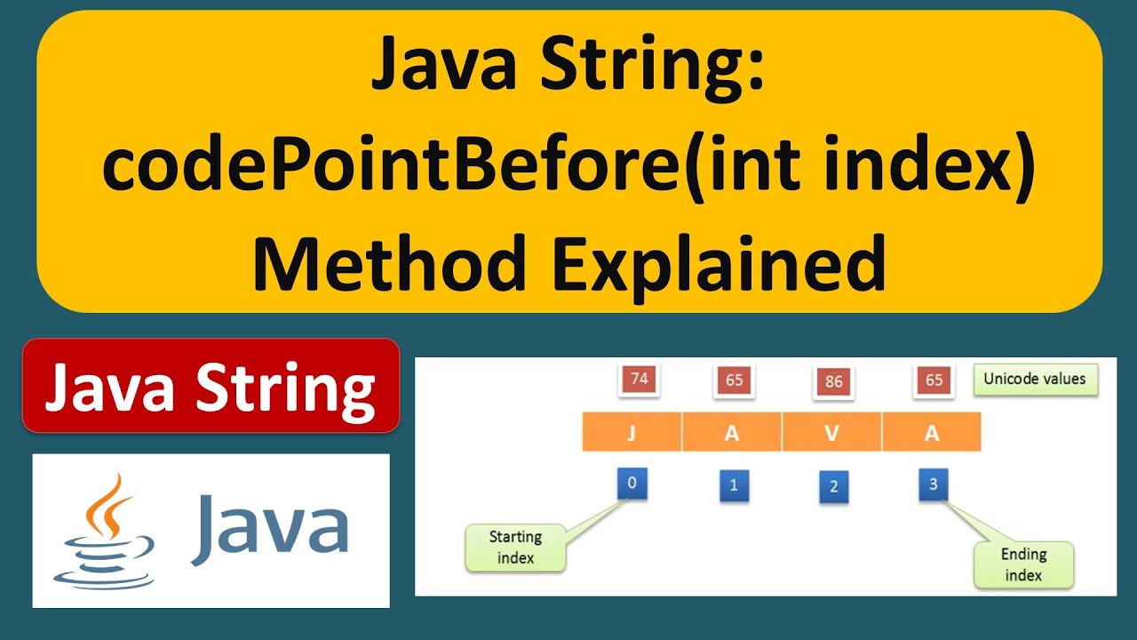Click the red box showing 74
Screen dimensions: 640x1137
coord(638,380)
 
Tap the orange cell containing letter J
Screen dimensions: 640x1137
coord(632,433)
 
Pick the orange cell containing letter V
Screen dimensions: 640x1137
coord(831,433)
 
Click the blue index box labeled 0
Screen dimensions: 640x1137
coord(632,484)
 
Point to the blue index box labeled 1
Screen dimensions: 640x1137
coord(733,486)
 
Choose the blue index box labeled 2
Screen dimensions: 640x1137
coord(832,487)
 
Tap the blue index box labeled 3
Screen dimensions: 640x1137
coord(933,484)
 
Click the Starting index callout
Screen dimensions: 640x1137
coord(515,548)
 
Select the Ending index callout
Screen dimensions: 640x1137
coord(1023,564)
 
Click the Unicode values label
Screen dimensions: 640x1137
coord(1034,379)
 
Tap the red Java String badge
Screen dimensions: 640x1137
coord(211,386)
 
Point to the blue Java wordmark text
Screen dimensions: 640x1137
coord(269,529)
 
